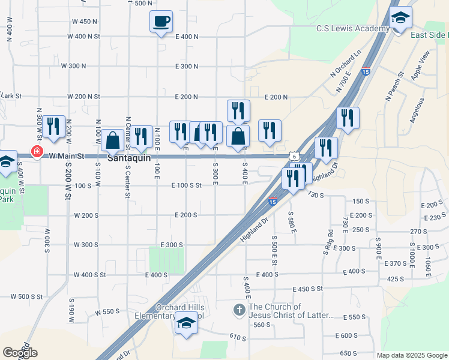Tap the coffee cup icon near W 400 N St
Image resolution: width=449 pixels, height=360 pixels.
(x=161, y=22)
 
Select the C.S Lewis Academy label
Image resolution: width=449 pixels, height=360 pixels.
(x=354, y=29)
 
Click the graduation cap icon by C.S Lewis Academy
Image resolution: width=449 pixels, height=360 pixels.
(x=400, y=19)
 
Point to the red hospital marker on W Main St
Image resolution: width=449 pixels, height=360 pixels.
(x=37, y=151)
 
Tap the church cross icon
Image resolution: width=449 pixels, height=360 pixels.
(x=239, y=310)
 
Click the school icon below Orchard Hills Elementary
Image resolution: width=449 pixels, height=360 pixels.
(x=186, y=326)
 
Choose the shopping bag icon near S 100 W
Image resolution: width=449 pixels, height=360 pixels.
(x=112, y=141)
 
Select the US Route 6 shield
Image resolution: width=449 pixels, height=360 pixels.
(x=294, y=156)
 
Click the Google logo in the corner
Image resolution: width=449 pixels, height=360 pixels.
(x=20, y=353)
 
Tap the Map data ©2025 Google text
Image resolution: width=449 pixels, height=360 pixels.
(x=412, y=355)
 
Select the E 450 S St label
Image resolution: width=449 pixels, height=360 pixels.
(x=308, y=289)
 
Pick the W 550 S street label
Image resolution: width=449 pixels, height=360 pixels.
(x=107, y=312)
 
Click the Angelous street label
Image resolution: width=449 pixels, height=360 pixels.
(x=416, y=110)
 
